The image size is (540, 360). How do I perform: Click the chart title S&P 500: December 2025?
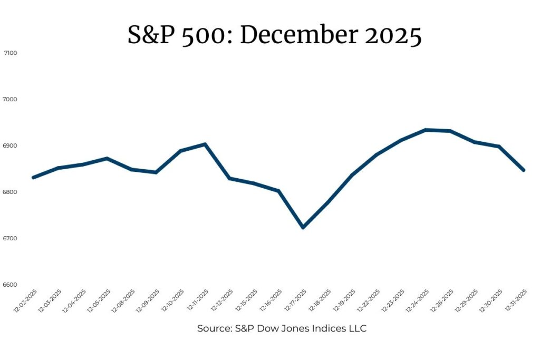(x=274, y=35)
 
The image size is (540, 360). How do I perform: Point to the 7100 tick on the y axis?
(x=11, y=53)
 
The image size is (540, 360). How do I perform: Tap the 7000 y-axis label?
(x=9, y=100)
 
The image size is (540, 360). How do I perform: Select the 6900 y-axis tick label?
(x=9, y=146)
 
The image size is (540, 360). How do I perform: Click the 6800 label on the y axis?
(x=9, y=192)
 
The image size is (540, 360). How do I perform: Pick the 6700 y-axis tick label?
(x=9, y=239)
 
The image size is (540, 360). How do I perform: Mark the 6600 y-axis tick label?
(x=9, y=285)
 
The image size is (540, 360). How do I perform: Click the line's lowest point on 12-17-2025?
(x=303, y=228)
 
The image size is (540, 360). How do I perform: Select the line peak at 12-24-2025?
(x=426, y=130)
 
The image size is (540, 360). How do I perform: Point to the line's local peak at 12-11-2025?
(x=205, y=144)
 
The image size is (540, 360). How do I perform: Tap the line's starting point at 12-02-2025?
(x=33, y=178)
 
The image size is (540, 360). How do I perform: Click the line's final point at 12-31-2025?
(x=524, y=170)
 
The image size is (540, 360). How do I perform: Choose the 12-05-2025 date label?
(x=99, y=300)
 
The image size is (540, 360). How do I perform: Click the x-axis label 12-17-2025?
(x=295, y=300)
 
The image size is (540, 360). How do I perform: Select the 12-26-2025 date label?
(x=442, y=300)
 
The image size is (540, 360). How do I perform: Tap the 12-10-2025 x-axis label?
(x=172, y=300)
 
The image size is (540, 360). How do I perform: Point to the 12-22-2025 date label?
(x=368, y=300)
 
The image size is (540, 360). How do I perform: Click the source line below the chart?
(x=282, y=328)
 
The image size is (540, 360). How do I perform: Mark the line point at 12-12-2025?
(x=229, y=178)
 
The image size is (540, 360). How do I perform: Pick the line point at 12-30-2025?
(x=499, y=147)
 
